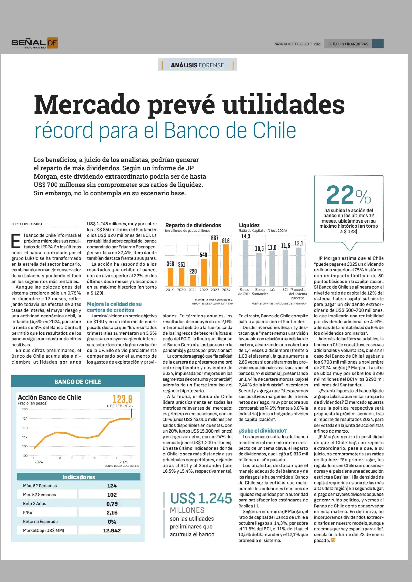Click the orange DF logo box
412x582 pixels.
coord(52,43)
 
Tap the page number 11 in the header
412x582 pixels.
coord(377,44)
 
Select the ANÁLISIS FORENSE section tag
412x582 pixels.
coord(197,65)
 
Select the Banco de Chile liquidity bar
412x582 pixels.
coord(245,263)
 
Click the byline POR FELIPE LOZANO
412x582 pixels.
coord(27,224)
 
